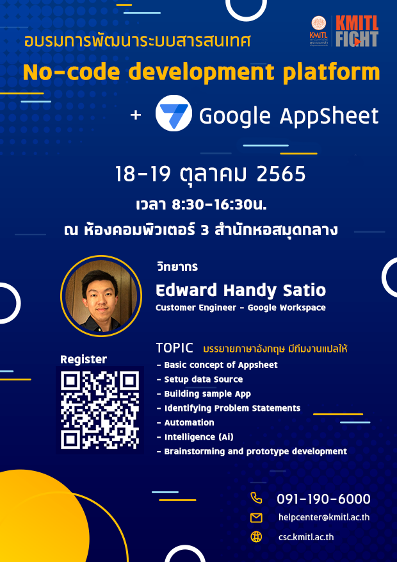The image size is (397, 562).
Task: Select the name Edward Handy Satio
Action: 241,290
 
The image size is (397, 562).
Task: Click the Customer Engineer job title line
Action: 240,308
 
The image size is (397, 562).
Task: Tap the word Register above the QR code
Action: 83,359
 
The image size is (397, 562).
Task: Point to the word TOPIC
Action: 175,348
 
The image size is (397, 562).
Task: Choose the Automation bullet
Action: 189,422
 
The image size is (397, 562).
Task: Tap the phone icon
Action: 256,498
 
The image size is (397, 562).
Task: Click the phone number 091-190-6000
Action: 323,499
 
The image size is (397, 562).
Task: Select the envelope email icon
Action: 256,518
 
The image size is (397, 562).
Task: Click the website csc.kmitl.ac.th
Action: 306,538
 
